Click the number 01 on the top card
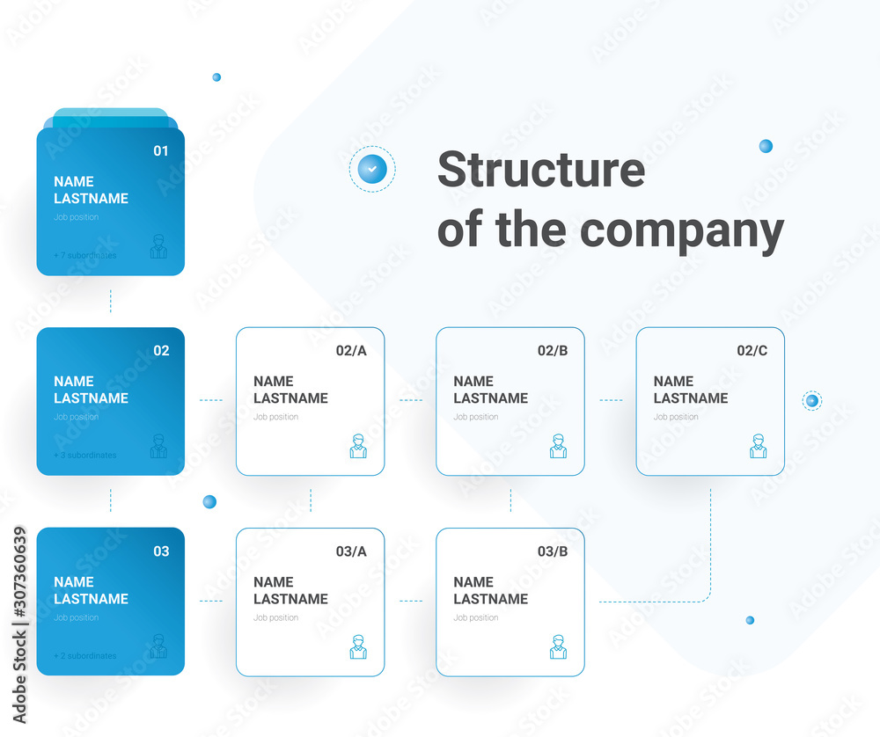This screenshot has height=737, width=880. (161, 151)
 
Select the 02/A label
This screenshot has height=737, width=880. (351, 351)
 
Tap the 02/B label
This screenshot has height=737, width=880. (553, 351)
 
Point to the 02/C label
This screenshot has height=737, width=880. (752, 351)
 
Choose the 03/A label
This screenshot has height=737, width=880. (351, 551)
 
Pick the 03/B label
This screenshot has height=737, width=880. (553, 551)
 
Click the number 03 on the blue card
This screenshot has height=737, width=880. (161, 551)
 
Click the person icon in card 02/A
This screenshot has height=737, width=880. (358, 447)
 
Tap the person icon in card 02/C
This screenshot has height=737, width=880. (759, 447)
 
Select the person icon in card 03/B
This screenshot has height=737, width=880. (559, 647)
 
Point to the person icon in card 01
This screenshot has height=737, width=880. (158, 247)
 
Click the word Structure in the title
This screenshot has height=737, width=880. (540, 170)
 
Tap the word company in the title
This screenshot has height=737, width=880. (682, 230)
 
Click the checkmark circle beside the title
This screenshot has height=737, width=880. (372, 169)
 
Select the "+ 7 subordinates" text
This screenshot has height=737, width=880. (84, 256)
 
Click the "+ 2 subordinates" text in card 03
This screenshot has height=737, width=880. (84, 656)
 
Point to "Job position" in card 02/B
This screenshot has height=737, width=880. (477, 417)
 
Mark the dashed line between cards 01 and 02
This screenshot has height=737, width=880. (111, 301)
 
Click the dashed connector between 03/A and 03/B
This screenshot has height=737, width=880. (411, 602)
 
